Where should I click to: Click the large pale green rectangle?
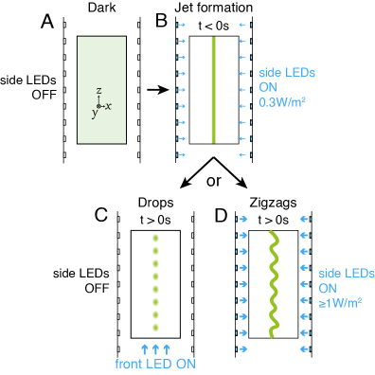tap(101, 89)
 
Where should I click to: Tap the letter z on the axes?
tap(98, 92)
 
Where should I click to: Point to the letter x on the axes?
tap(109, 106)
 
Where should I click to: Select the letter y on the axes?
tap(94, 113)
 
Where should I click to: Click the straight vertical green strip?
tap(213, 89)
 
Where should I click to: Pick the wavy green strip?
tap(273, 283)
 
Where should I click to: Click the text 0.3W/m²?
tap(281, 101)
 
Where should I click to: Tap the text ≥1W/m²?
tap(340, 303)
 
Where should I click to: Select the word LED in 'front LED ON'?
tap(160, 364)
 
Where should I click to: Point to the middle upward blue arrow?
tap(155, 349)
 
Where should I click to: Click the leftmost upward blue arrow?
tap(144, 349)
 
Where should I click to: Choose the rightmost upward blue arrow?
tap(167, 349)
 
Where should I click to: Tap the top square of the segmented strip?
tap(155, 237)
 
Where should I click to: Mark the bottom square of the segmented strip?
tap(155, 328)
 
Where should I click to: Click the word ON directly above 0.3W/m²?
tap(268, 87)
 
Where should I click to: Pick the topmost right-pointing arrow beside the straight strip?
tap(182, 25)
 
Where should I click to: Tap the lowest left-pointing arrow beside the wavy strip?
tap(304, 349)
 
